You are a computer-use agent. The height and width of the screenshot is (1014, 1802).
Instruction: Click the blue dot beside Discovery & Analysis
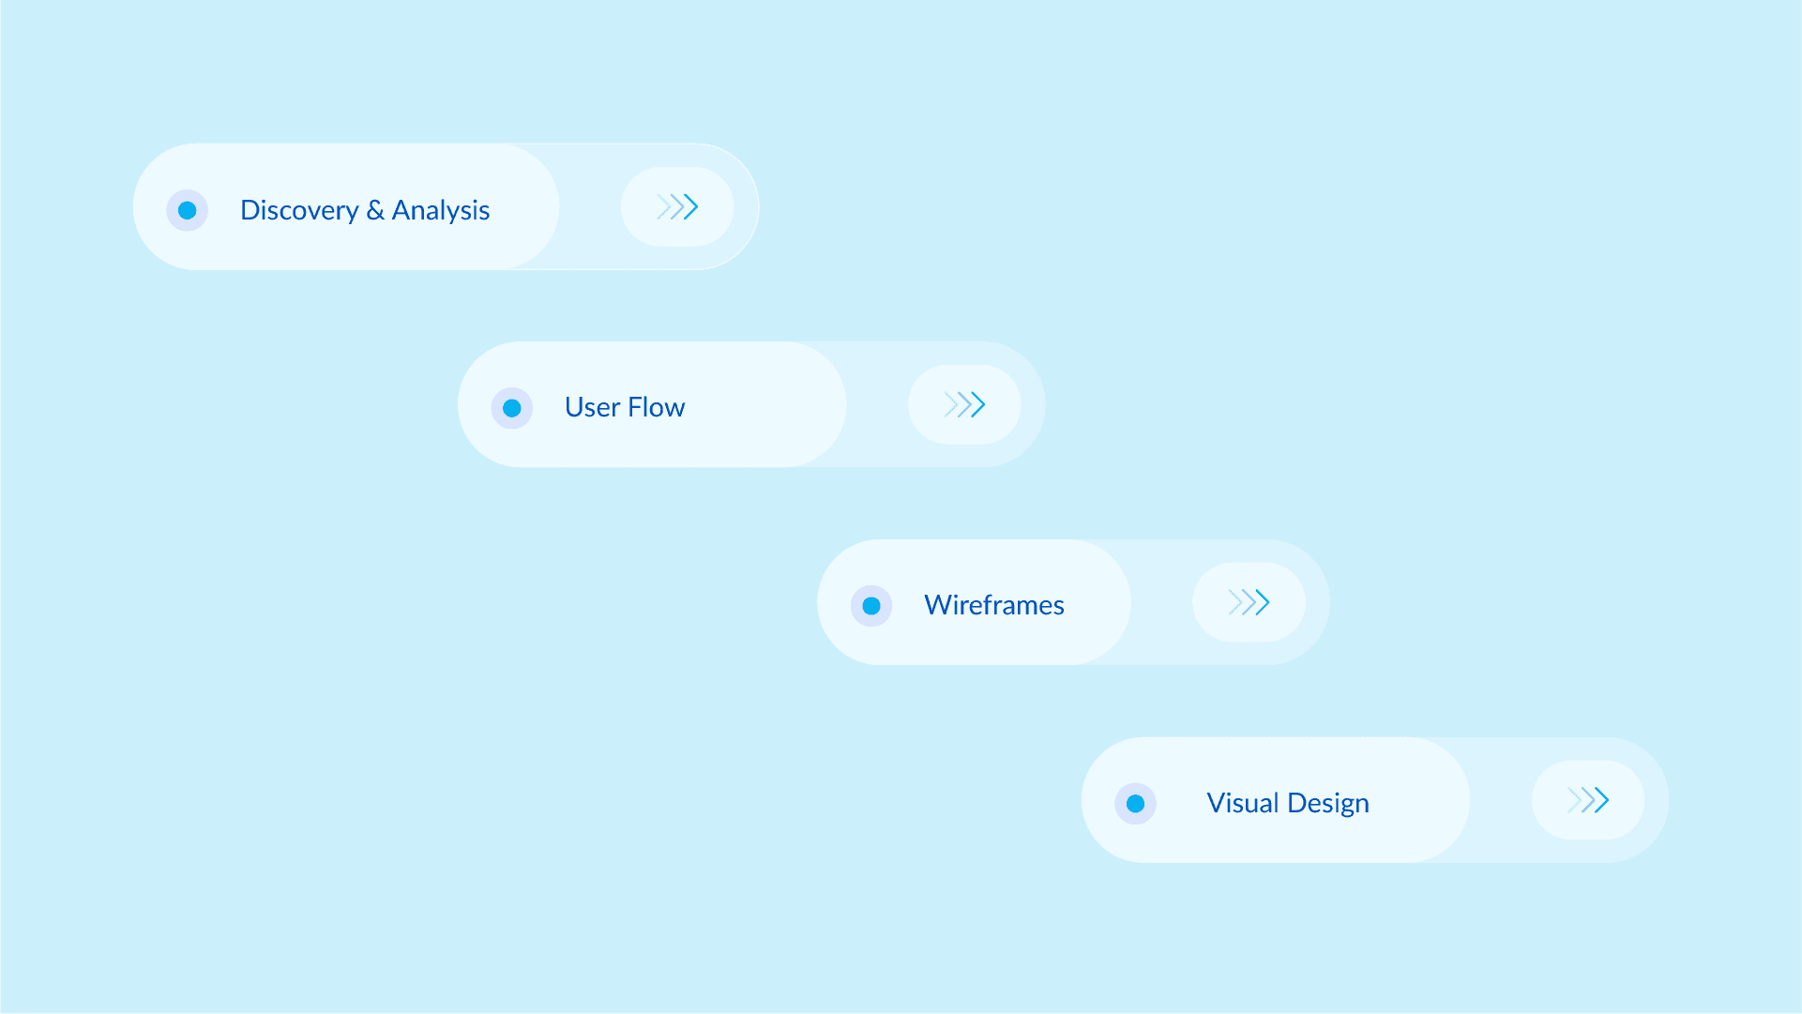[x=188, y=210]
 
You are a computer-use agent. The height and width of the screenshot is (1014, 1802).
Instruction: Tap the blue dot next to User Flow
[x=512, y=408]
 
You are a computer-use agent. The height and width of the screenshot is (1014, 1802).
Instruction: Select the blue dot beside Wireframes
[x=871, y=606]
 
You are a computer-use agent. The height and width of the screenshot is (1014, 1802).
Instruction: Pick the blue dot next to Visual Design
[x=1135, y=804]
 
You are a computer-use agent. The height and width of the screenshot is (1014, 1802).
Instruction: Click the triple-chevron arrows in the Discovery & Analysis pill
[x=677, y=206]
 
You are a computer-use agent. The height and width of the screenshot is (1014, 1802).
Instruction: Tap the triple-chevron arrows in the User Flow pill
[x=964, y=404]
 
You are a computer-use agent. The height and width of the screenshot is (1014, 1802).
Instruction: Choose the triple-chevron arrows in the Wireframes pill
[x=1249, y=602]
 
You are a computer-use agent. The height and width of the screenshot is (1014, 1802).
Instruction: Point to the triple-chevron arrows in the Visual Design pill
[x=1588, y=800]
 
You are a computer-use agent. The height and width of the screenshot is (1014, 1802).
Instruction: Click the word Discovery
[x=299, y=210]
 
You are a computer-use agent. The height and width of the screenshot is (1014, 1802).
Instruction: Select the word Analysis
[x=441, y=210]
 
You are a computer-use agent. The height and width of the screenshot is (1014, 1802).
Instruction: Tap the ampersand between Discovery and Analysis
[x=375, y=210]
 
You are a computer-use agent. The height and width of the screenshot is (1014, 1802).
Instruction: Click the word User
[x=592, y=407]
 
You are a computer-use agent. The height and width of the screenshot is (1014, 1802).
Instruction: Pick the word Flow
[x=657, y=407]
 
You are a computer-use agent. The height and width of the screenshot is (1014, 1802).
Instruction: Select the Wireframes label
[x=994, y=605]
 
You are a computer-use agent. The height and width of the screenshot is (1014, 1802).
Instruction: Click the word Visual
[x=1243, y=803]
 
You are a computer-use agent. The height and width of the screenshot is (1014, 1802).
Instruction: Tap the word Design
[x=1328, y=803]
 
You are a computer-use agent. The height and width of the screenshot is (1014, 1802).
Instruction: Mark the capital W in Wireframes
[x=938, y=605]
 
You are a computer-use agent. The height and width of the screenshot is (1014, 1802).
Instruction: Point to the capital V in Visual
[x=1216, y=803]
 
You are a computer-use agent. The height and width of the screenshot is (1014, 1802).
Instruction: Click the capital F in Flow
[x=635, y=407]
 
